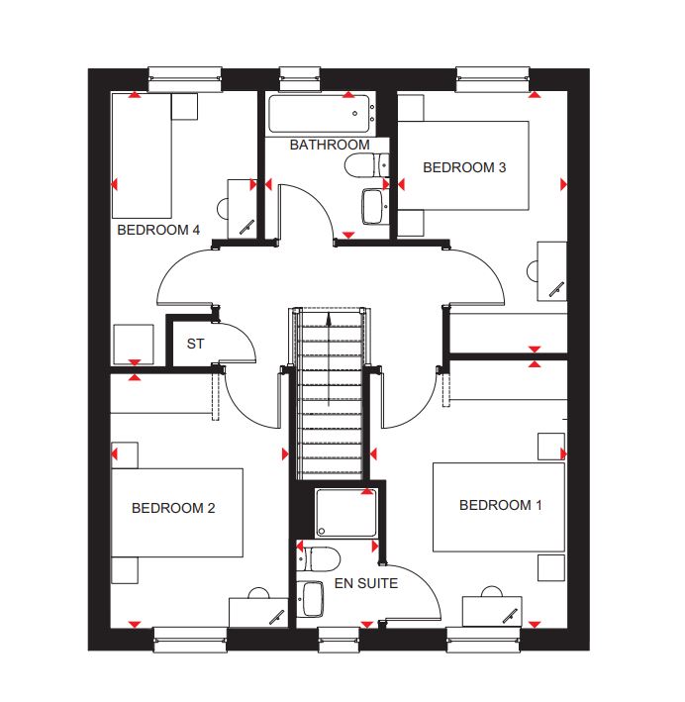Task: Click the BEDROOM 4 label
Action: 158,230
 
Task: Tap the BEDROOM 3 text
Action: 464,167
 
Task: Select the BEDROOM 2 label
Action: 173,508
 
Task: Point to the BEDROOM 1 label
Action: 501,505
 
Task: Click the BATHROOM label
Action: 330,146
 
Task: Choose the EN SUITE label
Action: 366,583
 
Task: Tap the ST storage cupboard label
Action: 195,344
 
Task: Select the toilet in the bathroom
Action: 366,165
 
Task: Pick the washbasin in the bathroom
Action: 374,206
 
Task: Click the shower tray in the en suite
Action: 346,513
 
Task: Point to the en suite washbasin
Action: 311,599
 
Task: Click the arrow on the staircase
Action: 329,359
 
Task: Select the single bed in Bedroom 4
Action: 142,155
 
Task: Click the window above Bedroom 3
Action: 493,79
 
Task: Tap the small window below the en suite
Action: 339,640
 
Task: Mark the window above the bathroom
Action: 300,79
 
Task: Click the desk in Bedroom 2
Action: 258,613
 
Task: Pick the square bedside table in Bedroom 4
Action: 184,107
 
